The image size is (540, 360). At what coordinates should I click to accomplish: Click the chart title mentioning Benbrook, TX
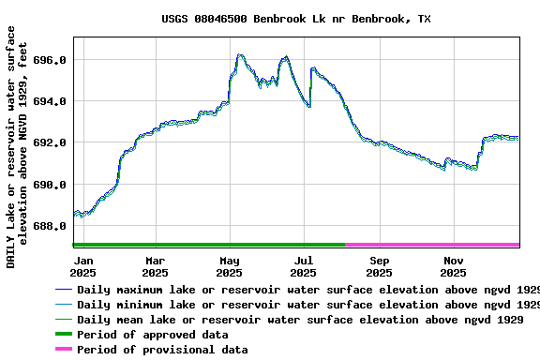296,19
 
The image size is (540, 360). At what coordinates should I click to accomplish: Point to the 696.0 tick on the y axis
49,60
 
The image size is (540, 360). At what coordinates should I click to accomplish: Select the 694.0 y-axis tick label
49,101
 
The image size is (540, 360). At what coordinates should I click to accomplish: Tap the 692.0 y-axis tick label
49,142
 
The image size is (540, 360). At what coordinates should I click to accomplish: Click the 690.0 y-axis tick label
49,185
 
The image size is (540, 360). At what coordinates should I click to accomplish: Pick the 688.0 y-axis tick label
49,226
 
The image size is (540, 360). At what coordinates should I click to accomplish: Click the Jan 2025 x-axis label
83,266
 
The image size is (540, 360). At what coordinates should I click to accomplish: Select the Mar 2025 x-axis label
156,266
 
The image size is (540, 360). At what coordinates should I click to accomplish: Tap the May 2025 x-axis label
230,266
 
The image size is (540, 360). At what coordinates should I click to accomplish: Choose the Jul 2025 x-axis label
304,266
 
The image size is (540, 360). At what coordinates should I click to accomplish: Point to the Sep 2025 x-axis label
379,266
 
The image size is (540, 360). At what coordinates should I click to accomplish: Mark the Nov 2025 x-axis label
453,266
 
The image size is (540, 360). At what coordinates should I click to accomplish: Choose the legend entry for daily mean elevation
300,320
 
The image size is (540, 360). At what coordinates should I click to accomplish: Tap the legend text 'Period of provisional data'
162,350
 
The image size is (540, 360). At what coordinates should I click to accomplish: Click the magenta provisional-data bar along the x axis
432,245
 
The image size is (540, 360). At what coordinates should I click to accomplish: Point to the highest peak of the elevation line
240,55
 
